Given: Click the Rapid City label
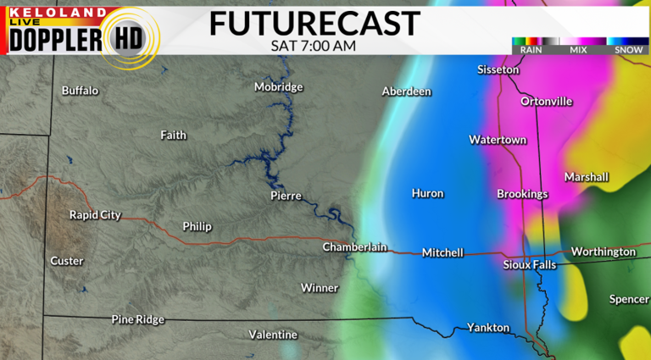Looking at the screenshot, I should pyautogui.click(x=95, y=215).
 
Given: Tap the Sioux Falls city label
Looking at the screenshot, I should pyautogui.click(x=529, y=265).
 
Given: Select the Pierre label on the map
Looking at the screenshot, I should pyautogui.click(x=286, y=196).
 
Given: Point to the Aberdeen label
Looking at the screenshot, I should pyautogui.click(x=407, y=91).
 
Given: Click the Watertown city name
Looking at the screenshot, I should pyautogui.click(x=498, y=140).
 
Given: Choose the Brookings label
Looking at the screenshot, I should pyautogui.click(x=522, y=194).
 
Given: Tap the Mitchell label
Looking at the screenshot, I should pyautogui.click(x=443, y=252).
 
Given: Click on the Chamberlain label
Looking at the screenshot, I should pyautogui.click(x=354, y=247).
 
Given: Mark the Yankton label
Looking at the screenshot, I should pyautogui.click(x=488, y=328).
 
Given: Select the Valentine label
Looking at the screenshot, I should pyautogui.click(x=273, y=335).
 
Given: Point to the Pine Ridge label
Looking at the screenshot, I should pyautogui.click(x=138, y=319).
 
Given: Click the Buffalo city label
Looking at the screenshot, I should pyautogui.click(x=81, y=91).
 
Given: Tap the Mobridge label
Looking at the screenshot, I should pyautogui.click(x=280, y=87).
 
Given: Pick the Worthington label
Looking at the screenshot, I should pyautogui.click(x=603, y=252).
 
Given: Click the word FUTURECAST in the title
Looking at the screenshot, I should pyautogui.click(x=314, y=24).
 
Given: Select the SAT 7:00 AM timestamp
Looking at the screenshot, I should pyautogui.click(x=314, y=45).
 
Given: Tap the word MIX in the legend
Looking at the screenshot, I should pyautogui.click(x=579, y=50).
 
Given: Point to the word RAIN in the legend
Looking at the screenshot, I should pyautogui.click(x=531, y=50).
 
